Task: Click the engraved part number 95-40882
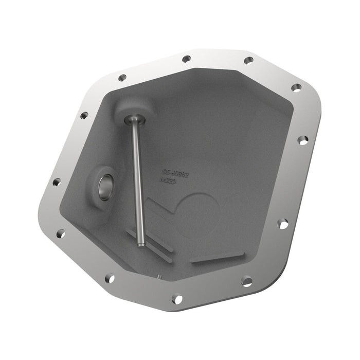coord(176,174)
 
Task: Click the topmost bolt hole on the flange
coord(186,59)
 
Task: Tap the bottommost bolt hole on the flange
coord(176,298)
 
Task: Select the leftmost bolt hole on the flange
coord(57,182)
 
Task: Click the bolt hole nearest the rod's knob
coord(122,78)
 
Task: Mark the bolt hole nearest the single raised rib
coord(247,281)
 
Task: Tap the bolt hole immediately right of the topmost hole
coord(248,60)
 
